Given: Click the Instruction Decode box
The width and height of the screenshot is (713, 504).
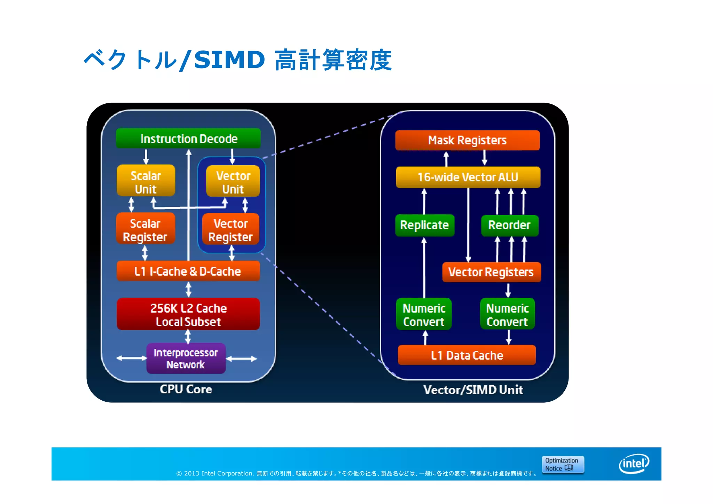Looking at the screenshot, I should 188,139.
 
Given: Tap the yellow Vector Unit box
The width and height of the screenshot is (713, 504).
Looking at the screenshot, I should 233,182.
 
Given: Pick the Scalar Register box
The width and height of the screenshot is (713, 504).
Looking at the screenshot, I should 146,229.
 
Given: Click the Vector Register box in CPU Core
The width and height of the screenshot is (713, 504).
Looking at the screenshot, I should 230,230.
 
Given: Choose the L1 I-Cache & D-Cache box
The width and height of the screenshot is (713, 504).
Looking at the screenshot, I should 188,271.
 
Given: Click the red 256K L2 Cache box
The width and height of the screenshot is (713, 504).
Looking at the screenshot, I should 188,314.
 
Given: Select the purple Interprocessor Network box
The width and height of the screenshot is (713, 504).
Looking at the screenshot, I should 186,359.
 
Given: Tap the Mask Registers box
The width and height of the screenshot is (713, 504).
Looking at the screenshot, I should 467,140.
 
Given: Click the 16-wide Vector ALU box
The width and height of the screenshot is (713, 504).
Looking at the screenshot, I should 468,177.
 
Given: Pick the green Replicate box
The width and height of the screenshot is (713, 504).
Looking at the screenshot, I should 424,225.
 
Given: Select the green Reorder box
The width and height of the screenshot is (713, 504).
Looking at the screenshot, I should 509,225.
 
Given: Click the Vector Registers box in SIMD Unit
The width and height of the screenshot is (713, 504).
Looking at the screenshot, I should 491,272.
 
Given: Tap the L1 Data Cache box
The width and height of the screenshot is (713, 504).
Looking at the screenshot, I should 467,355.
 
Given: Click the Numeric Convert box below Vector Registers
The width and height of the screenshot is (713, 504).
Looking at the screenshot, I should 507,314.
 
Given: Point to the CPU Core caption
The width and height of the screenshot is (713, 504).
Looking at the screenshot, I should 186,389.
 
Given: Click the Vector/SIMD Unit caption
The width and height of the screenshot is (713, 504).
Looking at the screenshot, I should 473,390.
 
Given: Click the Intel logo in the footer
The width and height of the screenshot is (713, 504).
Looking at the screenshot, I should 634,464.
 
